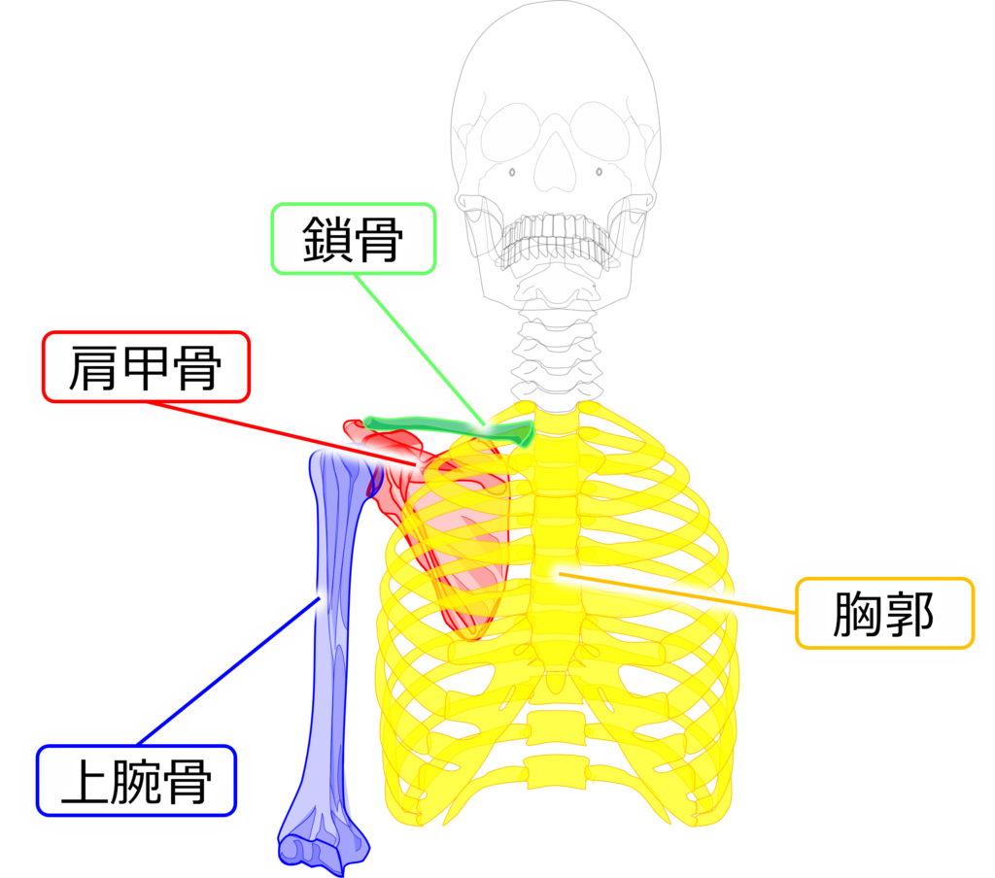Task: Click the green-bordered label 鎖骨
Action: click(x=353, y=238)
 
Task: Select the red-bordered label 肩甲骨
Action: click(x=146, y=368)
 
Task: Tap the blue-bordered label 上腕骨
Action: click(x=136, y=781)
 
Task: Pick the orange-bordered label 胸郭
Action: click(x=883, y=614)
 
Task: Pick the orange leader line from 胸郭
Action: click(x=680, y=594)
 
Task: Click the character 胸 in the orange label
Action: click(x=855, y=614)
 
